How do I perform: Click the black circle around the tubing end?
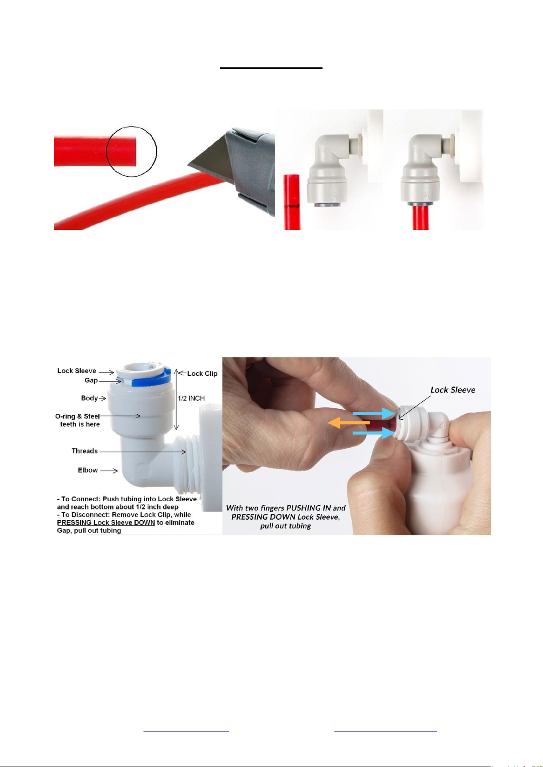[106, 151]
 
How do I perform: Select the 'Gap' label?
[91, 381]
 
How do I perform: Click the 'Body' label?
[89, 398]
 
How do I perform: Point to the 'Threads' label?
[85, 451]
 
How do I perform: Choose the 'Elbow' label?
[88, 470]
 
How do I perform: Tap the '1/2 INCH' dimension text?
[191, 398]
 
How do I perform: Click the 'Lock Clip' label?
[202, 374]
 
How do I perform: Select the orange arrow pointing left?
[348, 423]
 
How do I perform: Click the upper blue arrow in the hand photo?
[374, 414]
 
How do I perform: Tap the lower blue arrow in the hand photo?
[374, 433]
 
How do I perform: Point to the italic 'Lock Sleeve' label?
[452, 390]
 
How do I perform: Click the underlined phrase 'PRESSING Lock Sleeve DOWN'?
[106, 523]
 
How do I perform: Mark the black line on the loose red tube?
[292, 206]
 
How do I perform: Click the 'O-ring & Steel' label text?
[77, 417]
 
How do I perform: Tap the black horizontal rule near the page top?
[271, 68]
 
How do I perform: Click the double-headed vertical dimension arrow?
[176, 399]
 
